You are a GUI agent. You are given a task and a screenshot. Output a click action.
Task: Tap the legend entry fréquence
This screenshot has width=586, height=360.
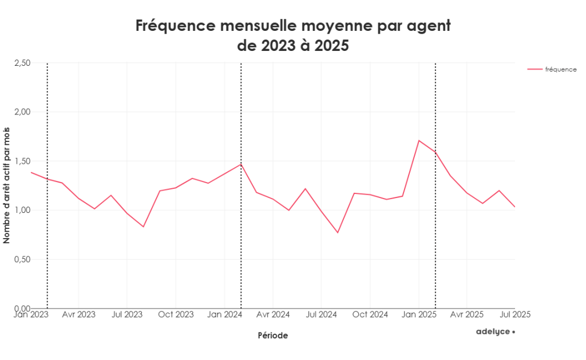(x=560, y=69)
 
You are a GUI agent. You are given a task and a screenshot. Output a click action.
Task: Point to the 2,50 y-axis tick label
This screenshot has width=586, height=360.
(x=22, y=62)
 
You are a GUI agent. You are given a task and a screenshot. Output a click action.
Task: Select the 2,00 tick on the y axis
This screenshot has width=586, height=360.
(x=22, y=112)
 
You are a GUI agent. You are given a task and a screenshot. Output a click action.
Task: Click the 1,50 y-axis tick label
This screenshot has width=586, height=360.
(x=22, y=161)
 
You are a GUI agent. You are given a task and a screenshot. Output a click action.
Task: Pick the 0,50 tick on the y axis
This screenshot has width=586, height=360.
(x=22, y=259)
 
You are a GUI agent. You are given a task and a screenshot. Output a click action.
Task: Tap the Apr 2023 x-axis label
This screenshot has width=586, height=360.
(x=78, y=314)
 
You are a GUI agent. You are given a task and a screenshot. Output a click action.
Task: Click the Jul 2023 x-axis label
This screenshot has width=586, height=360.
(x=126, y=314)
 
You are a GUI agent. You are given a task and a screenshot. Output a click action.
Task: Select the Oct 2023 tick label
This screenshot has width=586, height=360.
(x=176, y=314)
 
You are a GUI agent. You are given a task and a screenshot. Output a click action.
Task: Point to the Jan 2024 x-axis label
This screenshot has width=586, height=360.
(x=224, y=314)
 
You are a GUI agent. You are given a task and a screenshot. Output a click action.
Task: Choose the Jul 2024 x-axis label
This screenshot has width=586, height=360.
(x=321, y=314)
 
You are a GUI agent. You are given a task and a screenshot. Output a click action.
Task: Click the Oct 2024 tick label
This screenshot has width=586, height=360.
(x=370, y=314)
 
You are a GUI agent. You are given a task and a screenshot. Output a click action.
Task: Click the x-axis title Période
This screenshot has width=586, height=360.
(x=272, y=336)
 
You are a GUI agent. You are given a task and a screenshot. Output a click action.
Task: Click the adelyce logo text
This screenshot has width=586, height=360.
(x=493, y=331)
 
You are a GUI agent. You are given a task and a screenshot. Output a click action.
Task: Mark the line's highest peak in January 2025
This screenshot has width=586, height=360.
(x=419, y=140)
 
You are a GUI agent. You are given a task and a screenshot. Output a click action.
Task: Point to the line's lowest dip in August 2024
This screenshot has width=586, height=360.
(x=338, y=232)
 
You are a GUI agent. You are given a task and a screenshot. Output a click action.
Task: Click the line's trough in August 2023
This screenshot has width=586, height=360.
(x=143, y=227)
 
